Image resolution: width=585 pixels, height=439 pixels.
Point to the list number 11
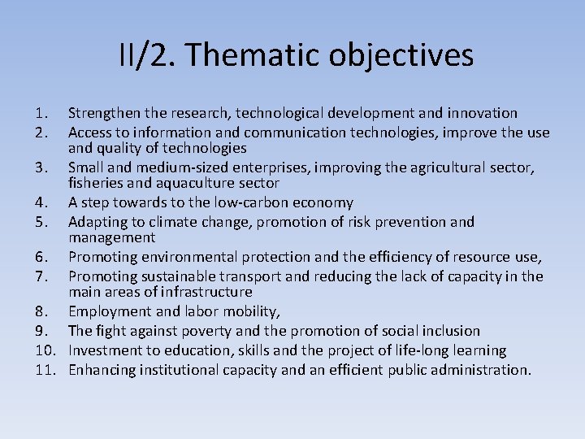point(45,370)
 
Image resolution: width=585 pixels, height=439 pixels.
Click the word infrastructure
point(206,292)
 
